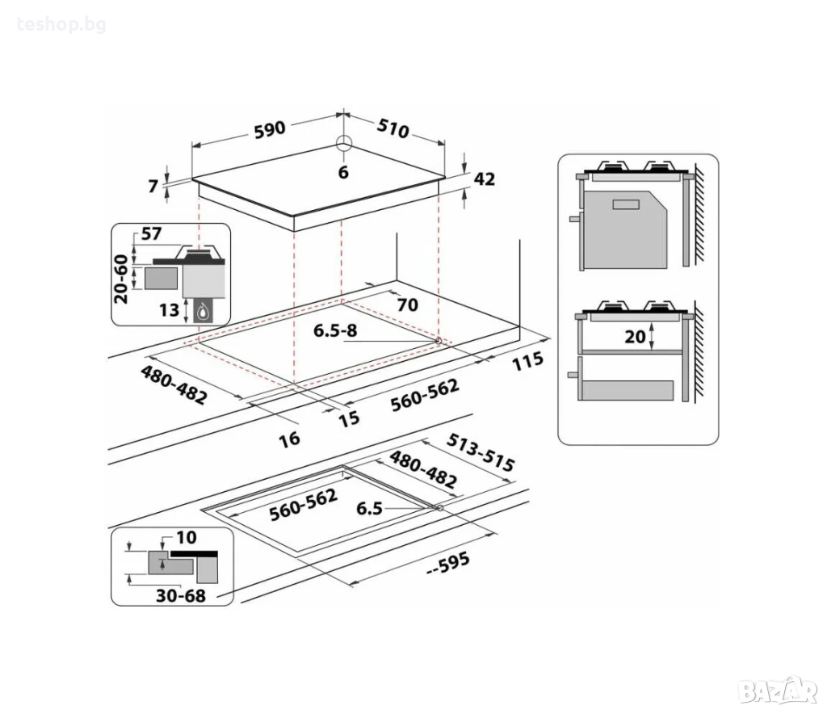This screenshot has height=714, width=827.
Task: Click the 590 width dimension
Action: tap(270, 130)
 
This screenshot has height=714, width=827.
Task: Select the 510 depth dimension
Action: tap(393, 128)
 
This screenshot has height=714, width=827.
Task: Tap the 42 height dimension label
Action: tap(485, 179)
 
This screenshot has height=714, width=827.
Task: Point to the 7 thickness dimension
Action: tap(153, 186)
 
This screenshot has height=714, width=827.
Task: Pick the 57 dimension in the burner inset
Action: tap(151, 233)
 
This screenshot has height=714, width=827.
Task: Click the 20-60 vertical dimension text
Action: tap(121, 279)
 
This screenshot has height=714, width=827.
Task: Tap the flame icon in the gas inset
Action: tap(202, 313)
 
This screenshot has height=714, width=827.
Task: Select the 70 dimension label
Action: tap(407, 304)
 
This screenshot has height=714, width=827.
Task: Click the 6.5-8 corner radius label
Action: tap(335, 330)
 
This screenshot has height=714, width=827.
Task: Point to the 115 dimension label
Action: tap(527, 361)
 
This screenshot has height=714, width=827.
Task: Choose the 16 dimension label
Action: tap(290, 439)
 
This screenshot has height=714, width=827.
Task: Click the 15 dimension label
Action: tap(349, 418)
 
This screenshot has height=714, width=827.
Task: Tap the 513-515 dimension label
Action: tap(480, 453)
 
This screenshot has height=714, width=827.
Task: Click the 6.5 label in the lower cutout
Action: tap(369, 508)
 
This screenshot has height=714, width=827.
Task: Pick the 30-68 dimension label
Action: tap(180, 596)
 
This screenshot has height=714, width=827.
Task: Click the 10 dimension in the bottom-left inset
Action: tap(187, 537)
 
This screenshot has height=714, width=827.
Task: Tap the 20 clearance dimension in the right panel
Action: tap(635, 337)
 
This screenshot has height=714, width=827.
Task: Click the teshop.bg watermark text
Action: tap(61, 25)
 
